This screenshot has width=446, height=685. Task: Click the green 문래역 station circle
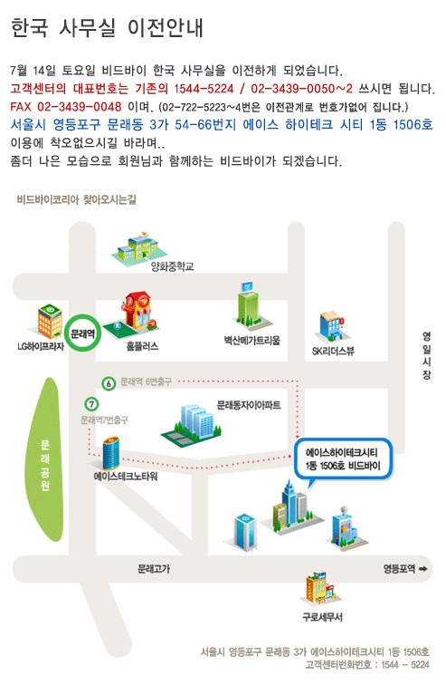coord(83,333)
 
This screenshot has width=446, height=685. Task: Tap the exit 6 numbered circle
coord(109,383)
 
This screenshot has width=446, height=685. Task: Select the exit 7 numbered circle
coord(91,404)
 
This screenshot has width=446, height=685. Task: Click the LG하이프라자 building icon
coord(50,322)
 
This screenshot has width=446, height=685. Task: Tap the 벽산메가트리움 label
coord(252,341)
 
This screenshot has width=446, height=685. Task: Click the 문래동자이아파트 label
coord(249,405)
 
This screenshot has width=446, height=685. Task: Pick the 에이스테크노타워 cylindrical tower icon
coord(110,453)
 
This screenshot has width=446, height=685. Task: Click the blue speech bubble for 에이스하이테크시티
coord(343,460)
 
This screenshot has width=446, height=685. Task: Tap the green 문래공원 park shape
coord(45,459)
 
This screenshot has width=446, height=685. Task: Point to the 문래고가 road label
coord(154,569)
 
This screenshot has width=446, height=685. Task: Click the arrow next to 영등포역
coord(422,569)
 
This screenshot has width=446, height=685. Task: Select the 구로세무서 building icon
coord(323,587)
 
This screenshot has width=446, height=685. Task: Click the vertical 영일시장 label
coord(426,355)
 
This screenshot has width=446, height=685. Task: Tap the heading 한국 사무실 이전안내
coord(107,27)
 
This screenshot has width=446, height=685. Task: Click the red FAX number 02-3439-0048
coord(79,107)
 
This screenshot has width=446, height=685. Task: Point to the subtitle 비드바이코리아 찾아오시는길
coord(77,199)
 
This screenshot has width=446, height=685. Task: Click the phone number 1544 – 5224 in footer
coord(405,665)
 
